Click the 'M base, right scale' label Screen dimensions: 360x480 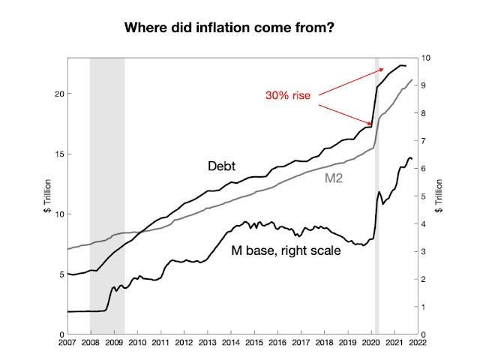click(x=286, y=250)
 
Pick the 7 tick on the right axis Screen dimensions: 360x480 click(x=424, y=141)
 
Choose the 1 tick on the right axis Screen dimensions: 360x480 click(x=424, y=307)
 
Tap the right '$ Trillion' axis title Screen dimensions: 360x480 click(x=439, y=196)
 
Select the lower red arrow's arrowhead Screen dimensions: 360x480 click(x=370, y=124)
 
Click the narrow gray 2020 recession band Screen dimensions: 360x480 click(x=377, y=225)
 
